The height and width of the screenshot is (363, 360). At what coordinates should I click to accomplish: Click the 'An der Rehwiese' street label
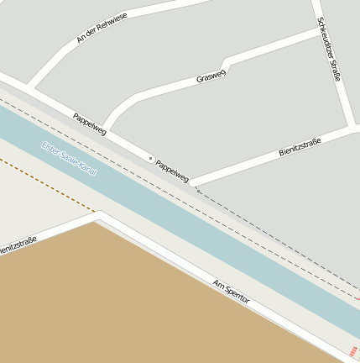click(102, 28)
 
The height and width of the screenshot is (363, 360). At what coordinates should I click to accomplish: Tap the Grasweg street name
click(211, 76)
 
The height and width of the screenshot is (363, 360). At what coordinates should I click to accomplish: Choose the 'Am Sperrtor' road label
click(232, 292)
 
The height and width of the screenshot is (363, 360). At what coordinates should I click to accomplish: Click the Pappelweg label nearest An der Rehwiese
click(90, 124)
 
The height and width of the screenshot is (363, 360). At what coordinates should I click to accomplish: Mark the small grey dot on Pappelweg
click(150, 157)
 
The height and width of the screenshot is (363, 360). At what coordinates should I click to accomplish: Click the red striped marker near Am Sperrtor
click(352, 350)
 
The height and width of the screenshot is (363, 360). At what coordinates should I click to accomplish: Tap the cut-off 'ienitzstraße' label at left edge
click(17, 245)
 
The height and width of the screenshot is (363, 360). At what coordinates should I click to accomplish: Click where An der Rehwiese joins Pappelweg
click(30, 87)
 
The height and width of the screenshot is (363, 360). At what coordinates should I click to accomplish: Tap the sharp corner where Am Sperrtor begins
click(98, 218)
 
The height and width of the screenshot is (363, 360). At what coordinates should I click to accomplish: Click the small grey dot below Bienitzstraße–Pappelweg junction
click(196, 190)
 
